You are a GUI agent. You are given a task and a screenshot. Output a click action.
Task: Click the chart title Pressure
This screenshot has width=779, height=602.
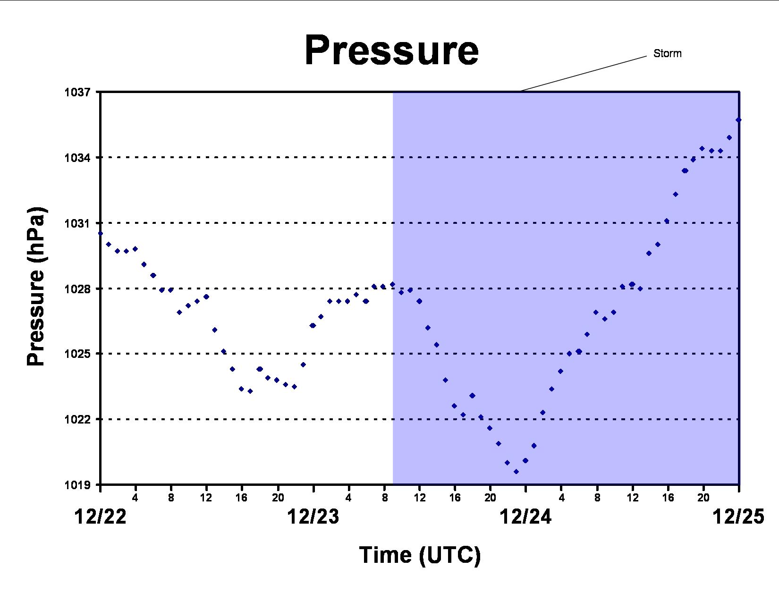point(391,50)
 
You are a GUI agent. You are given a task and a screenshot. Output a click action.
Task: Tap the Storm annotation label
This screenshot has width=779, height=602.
point(667,53)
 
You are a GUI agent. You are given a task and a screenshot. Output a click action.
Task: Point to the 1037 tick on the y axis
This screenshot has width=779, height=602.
point(77,92)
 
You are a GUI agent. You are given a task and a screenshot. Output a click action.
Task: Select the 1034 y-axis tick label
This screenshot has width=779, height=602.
point(77,157)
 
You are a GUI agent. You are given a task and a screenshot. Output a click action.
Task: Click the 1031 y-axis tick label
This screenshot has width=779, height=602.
point(77,223)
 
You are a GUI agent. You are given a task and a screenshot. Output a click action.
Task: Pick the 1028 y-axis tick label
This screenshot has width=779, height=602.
point(77,288)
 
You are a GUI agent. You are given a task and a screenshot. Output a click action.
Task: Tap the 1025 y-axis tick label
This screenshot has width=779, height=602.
point(77,354)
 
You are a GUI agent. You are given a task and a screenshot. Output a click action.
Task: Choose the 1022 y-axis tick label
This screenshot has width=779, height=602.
point(77,419)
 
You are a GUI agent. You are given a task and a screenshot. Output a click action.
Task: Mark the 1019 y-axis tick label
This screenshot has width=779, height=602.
point(77,485)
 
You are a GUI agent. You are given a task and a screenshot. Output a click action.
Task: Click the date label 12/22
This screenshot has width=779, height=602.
point(100,517)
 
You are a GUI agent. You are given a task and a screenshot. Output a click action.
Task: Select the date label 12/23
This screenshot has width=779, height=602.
point(313,517)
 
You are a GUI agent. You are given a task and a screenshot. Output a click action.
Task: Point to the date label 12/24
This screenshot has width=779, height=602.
point(525,517)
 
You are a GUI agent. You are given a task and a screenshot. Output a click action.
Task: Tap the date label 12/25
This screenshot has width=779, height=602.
point(738,517)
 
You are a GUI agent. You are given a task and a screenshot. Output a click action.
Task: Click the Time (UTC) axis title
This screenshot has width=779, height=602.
point(420,555)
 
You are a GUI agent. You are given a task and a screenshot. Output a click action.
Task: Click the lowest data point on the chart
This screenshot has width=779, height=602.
point(516,472)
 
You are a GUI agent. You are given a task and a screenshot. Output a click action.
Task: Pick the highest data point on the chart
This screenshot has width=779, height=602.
point(738,120)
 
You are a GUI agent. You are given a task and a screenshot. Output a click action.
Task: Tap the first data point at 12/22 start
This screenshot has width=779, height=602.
point(101,233)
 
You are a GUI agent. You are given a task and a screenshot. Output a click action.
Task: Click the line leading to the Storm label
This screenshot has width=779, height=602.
point(584,74)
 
